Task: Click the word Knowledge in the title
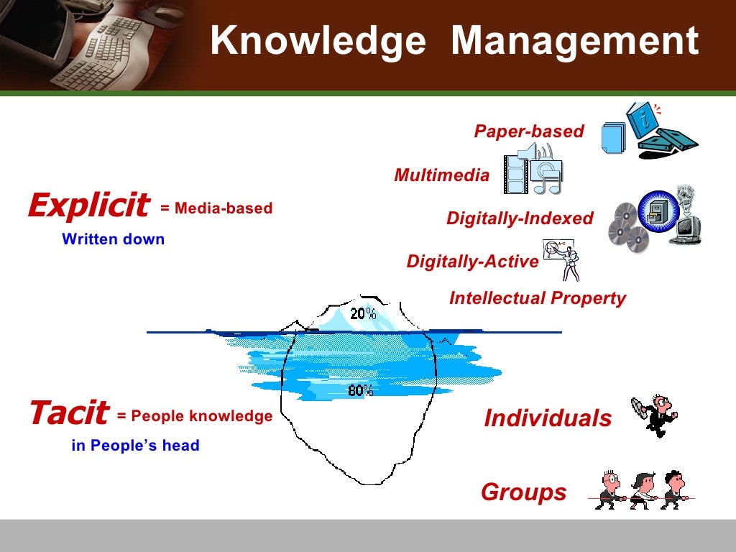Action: [318, 42]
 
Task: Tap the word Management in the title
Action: [574, 42]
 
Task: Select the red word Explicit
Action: [88, 206]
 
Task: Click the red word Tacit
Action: [68, 414]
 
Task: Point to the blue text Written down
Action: [114, 239]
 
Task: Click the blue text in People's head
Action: [135, 446]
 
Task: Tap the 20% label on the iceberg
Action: [363, 313]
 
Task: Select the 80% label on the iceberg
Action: [360, 390]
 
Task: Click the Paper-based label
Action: [529, 132]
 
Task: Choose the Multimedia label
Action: [441, 175]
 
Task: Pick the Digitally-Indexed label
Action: [520, 218]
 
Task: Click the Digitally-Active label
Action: [472, 262]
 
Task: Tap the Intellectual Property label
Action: [538, 298]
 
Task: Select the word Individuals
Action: [548, 418]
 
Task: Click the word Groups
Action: [523, 493]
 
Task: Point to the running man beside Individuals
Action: [654, 415]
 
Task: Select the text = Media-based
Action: [216, 208]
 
